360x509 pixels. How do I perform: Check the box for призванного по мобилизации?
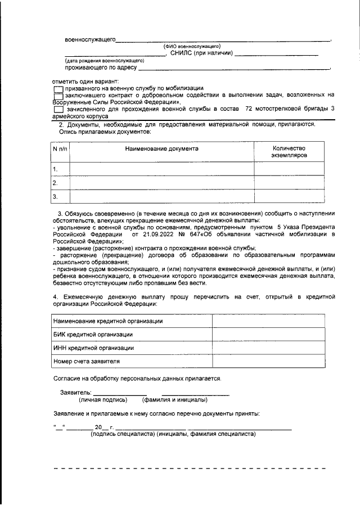[58, 89]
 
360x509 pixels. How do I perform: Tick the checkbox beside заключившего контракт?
[58, 96]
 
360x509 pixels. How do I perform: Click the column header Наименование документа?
[161, 149]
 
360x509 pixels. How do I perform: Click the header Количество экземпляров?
[289, 150]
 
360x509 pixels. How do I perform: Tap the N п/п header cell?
[60, 149]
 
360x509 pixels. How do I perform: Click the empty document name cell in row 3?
[161, 196]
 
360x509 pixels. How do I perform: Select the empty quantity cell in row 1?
[289, 169]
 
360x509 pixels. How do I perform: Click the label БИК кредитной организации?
[93, 334]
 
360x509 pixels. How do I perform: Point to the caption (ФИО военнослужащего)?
[191, 46]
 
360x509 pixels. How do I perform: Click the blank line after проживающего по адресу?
[233, 68]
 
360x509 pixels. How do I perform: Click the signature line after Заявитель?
[120, 392]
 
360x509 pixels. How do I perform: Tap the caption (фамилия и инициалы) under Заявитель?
[175, 400]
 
